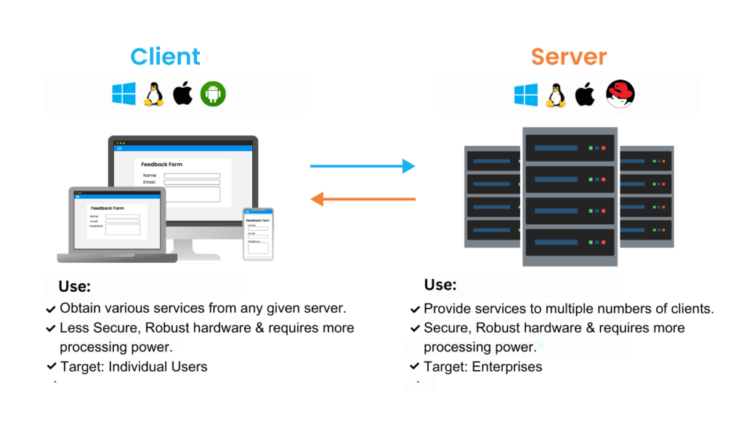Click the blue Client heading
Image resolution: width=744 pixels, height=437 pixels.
tap(165, 57)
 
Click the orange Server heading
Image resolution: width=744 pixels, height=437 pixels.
tap(569, 57)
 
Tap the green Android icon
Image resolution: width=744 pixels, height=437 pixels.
tap(213, 94)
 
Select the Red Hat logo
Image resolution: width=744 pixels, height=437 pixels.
tap(620, 94)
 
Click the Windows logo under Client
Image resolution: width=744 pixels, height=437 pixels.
tap(124, 94)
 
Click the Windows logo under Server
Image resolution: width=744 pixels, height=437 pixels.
tap(526, 94)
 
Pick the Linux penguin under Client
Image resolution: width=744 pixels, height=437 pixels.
tap(153, 94)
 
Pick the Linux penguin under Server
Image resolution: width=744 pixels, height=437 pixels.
tap(556, 94)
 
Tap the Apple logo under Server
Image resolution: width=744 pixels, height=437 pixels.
tap(585, 94)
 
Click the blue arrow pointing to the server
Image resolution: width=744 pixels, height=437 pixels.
tap(363, 166)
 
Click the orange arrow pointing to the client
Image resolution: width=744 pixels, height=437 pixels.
tap(363, 198)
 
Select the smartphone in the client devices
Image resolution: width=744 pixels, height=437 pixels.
tap(258, 234)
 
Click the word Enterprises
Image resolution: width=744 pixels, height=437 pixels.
tap(507, 367)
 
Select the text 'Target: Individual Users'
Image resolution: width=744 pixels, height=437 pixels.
tap(133, 367)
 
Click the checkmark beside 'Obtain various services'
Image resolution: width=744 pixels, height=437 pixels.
tap(51, 309)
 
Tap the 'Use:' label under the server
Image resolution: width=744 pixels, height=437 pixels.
tap(440, 285)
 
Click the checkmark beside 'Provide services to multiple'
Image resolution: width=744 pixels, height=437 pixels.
tap(415, 309)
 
